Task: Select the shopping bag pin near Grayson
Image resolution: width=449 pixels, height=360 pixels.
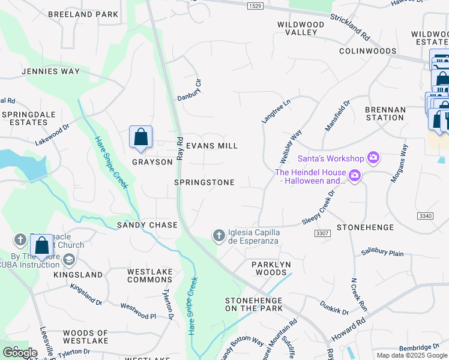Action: (x=140, y=137)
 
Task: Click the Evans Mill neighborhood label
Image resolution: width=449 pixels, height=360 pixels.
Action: (x=211, y=146)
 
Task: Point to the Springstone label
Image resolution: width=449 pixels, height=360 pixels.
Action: (x=204, y=182)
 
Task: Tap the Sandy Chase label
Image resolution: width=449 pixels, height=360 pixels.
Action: (x=147, y=225)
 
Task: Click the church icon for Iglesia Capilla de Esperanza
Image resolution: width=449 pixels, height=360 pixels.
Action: (x=219, y=235)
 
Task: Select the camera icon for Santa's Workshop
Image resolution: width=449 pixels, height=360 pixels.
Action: (x=373, y=158)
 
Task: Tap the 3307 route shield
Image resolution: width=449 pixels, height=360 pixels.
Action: (x=322, y=233)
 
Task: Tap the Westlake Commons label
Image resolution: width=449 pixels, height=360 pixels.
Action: (x=149, y=275)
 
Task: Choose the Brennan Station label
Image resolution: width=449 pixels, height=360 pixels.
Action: (x=385, y=113)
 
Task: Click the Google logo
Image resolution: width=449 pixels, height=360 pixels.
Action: (x=20, y=353)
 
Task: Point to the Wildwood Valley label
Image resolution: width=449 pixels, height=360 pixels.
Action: (x=300, y=28)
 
